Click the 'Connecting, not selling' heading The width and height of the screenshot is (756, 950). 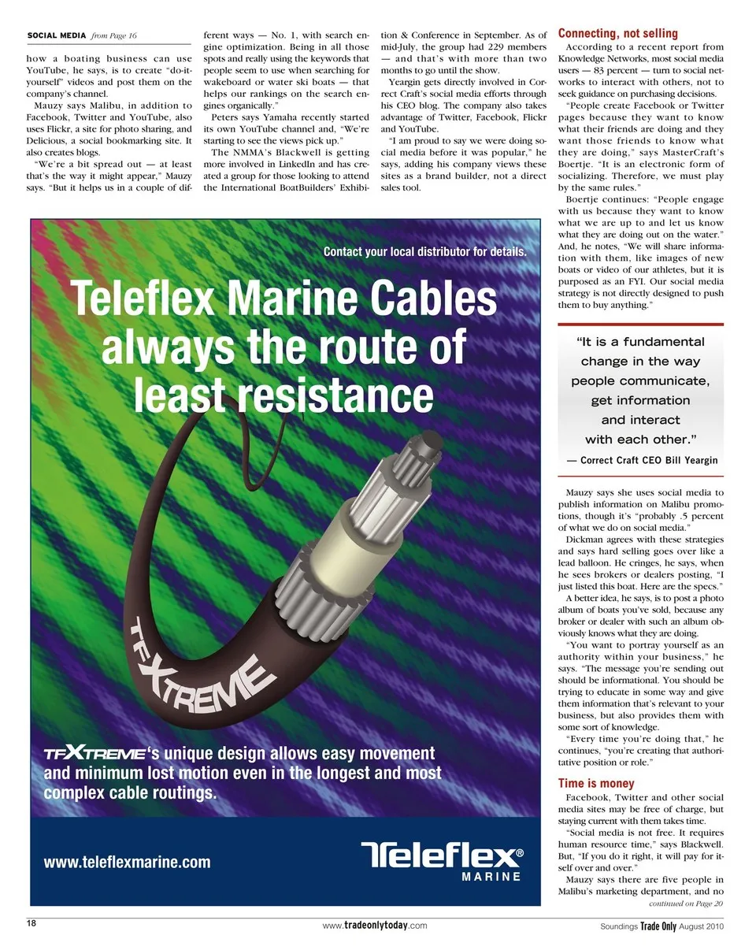click(x=617, y=33)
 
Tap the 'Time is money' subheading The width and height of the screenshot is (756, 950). click(x=595, y=783)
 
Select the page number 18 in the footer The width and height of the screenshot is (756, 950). click(x=32, y=922)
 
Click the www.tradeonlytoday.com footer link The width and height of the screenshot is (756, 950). click(x=375, y=926)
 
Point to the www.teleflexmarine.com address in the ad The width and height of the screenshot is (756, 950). click(x=127, y=862)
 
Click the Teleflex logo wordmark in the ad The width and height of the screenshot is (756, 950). click(x=442, y=855)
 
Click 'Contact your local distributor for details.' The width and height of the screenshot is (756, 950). click(x=424, y=252)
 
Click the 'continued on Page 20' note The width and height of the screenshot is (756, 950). click(x=685, y=904)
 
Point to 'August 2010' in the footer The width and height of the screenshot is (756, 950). click(x=701, y=926)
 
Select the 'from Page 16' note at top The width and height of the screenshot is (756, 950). click(x=114, y=35)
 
